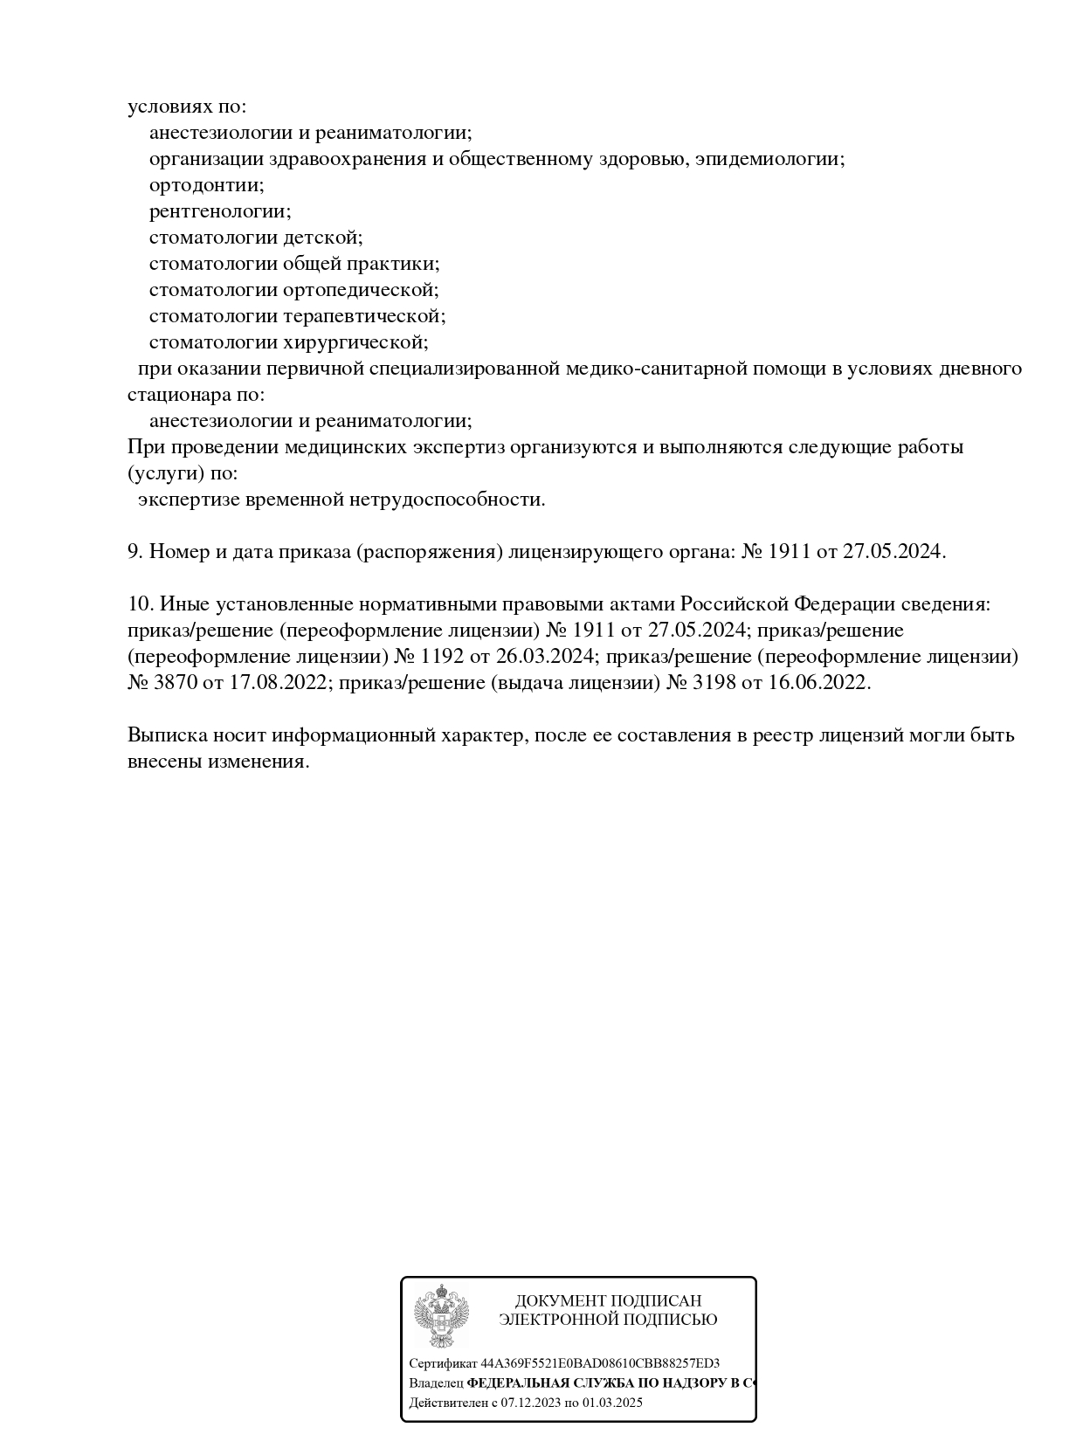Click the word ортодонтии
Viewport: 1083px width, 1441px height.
coord(206,185)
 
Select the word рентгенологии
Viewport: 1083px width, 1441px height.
coord(219,211)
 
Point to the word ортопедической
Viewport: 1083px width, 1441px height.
coord(360,290)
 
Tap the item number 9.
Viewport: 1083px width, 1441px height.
coord(135,552)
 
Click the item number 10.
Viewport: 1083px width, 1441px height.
coord(141,604)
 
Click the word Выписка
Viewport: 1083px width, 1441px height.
coord(166,735)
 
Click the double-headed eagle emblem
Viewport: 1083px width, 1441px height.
coord(441,1315)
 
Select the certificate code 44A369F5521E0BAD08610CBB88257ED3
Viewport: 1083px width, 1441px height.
coord(600,1363)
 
